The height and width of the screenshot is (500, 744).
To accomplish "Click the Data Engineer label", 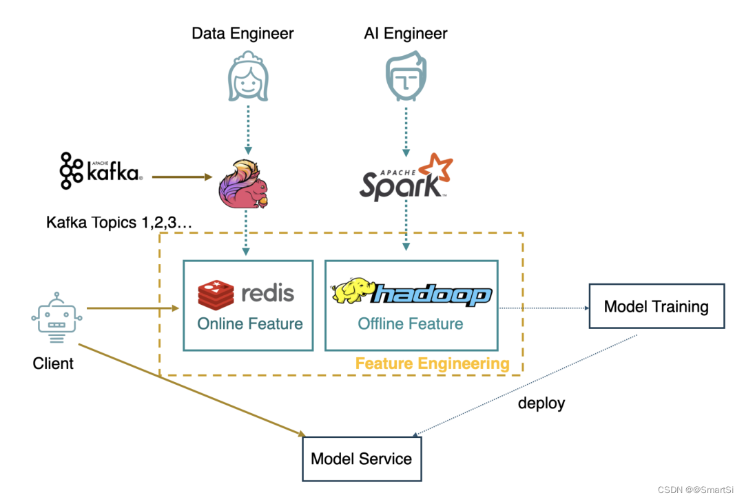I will click(x=242, y=33).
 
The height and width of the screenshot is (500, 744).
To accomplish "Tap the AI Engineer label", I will click(x=405, y=33).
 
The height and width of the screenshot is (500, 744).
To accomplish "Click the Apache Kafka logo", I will click(x=101, y=170).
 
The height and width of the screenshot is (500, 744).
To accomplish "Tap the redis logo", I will click(x=246, y=294).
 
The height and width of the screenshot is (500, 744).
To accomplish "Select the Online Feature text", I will click(x=250, y=323).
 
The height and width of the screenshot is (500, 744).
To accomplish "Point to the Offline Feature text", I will click(x=411, y=323).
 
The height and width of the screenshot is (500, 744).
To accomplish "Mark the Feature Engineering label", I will click(x=432, y=363).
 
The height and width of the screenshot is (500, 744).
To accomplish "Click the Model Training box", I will click(x=656, y=306).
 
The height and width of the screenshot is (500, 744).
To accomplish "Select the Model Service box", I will click(x=362, y=459).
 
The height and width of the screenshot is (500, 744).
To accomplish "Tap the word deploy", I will click(x=541, y=403).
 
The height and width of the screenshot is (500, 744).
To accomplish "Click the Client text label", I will click(x=53, y=363).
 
